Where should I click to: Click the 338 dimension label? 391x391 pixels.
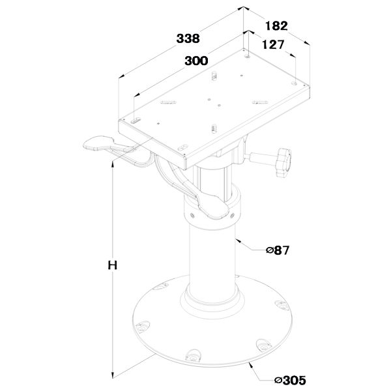[x=188, y=38]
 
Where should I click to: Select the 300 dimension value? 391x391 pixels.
[x=196, y=61]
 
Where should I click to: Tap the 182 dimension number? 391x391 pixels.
[x=276, y=25]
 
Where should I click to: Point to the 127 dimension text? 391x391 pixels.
[x=273, y=44]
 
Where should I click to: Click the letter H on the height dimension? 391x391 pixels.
[x=113, y=265]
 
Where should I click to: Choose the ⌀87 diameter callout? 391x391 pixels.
[x=278, y=250]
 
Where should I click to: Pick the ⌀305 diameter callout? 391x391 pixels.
[x=290, y=381]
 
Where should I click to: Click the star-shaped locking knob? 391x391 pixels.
[x=283, y=162]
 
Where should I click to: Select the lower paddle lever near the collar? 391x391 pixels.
[x=212, y=207]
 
